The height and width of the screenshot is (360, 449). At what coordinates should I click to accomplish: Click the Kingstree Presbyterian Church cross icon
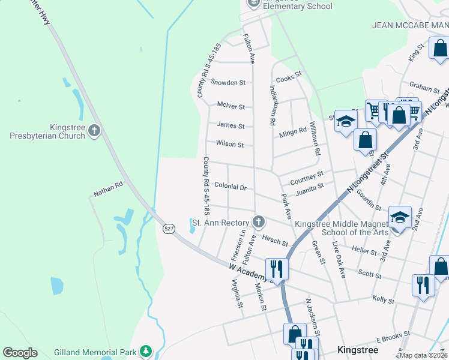pyautogui.click(x=93, y=131)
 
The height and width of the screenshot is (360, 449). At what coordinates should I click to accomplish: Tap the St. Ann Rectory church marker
pyautogui.click(x=259, y=223)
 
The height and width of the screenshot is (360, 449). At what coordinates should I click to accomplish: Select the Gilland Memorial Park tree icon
pyautogui.click(x=145, y=350)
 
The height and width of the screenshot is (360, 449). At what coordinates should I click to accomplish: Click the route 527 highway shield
pyautogui.click(x=169, y=228)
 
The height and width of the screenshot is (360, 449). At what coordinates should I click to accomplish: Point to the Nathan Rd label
pyautogui.click(x=107, y=189)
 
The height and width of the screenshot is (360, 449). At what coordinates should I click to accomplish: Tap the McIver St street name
pyautogui.click(x=231, y=107)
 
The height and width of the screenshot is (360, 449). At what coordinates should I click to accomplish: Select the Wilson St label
pyautogui.click(x=230, y=145)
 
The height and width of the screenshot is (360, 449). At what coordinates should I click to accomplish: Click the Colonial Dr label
pyautogui.click(x=231, y=187)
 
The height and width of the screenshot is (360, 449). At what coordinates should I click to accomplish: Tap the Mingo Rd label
pyautogui.click(x=293, y=132)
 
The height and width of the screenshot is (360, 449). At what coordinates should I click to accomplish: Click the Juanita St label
pyautogui.click(x=310, y=190)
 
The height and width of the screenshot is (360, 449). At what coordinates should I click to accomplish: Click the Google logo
pyautogui.click(x=20, y=353)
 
